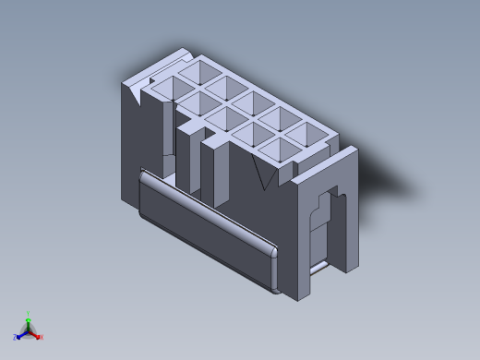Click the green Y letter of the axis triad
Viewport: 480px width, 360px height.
29,314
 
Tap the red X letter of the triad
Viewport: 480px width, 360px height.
42,337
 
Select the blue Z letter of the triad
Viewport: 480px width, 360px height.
15,337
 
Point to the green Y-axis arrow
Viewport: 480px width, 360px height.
29,322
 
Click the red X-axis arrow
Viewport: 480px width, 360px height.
36,334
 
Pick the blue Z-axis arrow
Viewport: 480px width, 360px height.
21,334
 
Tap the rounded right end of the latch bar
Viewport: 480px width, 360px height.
274,268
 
